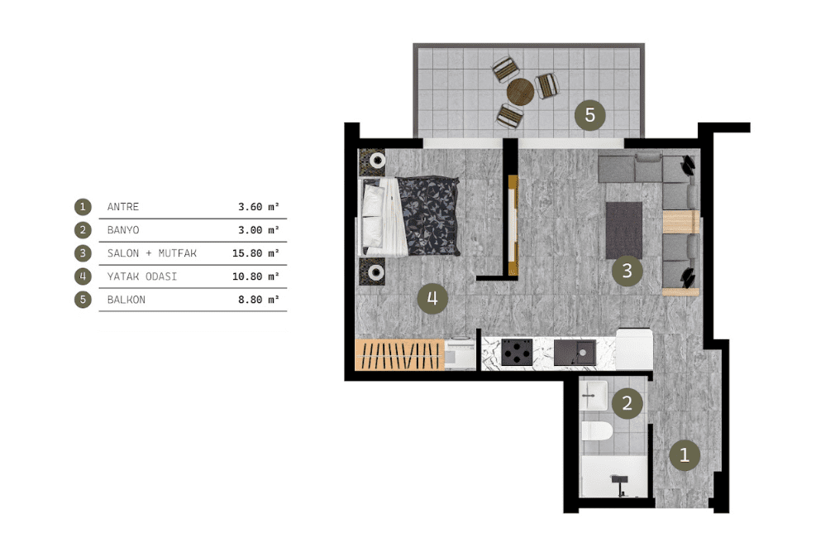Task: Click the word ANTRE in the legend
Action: (x=123, y=207)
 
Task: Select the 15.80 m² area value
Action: (x=255, y=253)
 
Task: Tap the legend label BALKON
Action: (x=126, y=300)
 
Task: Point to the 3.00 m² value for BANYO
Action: (x=259, y=230)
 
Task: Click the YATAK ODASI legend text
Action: (x=142, y=276)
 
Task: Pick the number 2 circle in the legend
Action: (x=83, y=230)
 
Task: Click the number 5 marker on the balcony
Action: (x=589, y=114)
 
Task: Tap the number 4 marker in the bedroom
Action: (x=432, y=299)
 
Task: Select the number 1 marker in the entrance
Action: (x=685, y=454)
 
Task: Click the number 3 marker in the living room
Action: (x=628, y=271)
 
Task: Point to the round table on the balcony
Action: (x=520, y=92)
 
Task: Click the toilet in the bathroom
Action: (x=597, y=431)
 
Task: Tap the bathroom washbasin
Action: (x=594, y=396)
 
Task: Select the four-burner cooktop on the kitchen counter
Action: (x=517, y=352)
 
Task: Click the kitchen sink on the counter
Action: (x=575, y=353)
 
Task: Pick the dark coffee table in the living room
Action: (x=624, y=230)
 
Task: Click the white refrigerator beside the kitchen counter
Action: (x=634, y=349)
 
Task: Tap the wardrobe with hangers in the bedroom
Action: (x=399, y=355)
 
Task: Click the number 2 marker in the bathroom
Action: (x=628, y=402)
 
